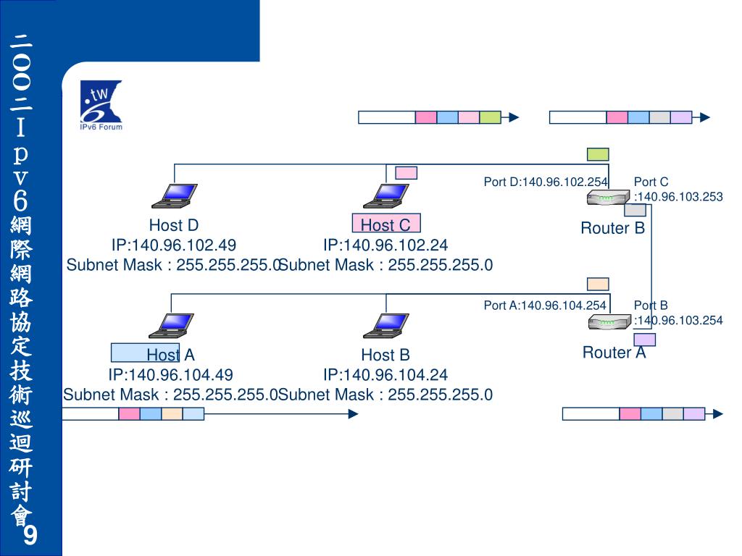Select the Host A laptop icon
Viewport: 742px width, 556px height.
tap(172, 326)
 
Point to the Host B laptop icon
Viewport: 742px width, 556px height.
tap(380, 326)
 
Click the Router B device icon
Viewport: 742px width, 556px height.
tap(607, 198)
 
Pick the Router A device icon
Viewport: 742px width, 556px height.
tap(607, 321)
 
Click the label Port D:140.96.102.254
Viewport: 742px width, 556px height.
tap(545, 182)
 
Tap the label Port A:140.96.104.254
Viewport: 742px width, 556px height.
tap(544, 306)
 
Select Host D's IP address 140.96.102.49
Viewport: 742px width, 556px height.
tap(173, 245)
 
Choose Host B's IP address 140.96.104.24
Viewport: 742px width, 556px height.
tap(385, 375)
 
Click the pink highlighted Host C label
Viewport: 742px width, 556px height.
tap(385, 224)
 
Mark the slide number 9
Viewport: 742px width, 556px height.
tap(30, 536)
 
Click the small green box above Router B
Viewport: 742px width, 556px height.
tap(598, 154)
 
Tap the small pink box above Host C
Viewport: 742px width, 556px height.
tap(406, 172)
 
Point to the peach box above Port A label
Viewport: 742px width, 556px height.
tap(598, 284)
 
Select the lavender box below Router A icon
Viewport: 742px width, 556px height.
tap(644, 340)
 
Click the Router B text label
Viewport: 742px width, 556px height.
tap(612, 229)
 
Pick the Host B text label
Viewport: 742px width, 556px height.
tap(385, 355)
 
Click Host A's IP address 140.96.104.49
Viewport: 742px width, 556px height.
tap(170, 375)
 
